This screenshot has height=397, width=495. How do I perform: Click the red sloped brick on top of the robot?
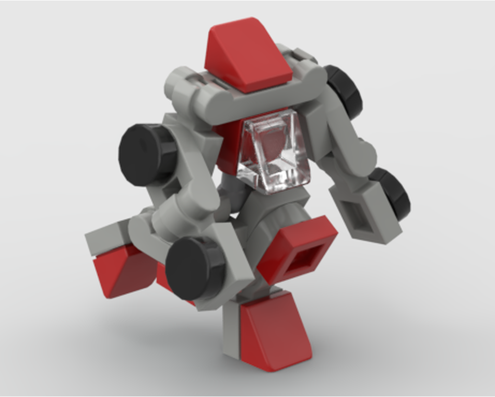click(248, 55)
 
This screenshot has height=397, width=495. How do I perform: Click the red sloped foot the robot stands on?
click(270, 330)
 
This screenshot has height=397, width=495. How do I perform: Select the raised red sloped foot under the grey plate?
click(122, 270)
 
